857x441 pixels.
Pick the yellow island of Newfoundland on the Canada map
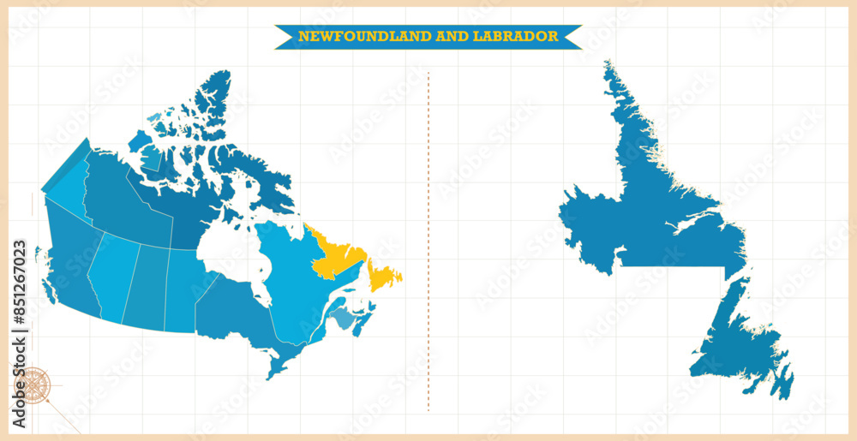pyautogui.click(x=383, y=275)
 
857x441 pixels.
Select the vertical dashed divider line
pyautogui.click(x=428, y=240)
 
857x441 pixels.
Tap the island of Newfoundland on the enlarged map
pyautogui.click(x=737, y=343)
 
